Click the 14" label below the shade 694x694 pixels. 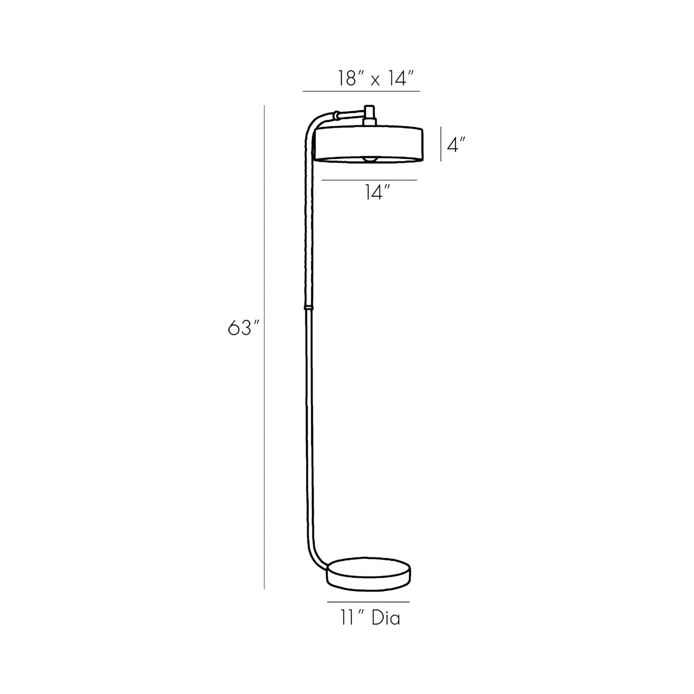tap(376, 193)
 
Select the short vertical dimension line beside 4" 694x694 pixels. tap(441, 144)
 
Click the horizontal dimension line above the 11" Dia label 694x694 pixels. tap(368, 601)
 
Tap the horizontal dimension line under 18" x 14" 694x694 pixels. tap(361, 91)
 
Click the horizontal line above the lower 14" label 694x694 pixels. tap(369, 180)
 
